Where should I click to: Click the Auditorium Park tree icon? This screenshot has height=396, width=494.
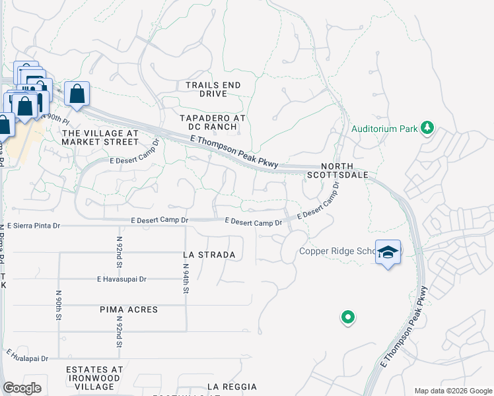point(427,127)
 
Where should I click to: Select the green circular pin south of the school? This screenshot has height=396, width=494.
point(347,318)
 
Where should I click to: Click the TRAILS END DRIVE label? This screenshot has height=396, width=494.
point(213,89)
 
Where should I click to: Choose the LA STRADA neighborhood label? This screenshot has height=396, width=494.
point(209,254)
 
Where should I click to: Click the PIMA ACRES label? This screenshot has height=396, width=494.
point(129,310)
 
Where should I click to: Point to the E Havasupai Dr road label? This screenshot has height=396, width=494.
point(121,279)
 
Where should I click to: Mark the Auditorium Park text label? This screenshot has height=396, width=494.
point(384,129)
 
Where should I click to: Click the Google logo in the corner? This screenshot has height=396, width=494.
point(22,388)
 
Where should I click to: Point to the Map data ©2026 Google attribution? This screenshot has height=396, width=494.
point(453,391)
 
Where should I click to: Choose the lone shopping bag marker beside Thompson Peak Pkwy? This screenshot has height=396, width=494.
point(77,94)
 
